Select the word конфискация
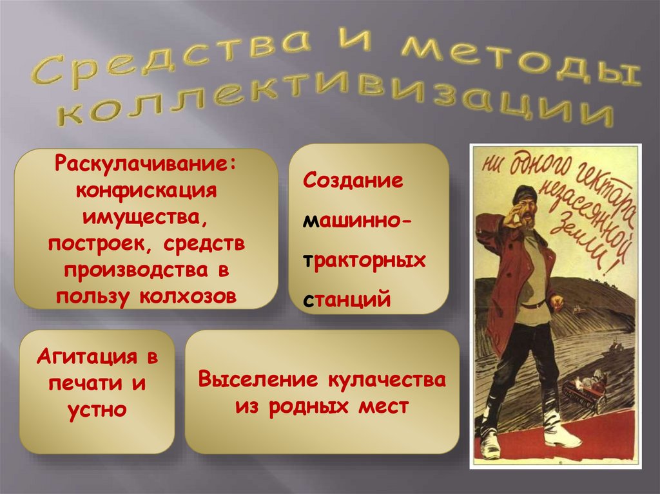point(146,191)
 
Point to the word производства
point(142,269)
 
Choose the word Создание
point(353,180)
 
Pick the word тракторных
point(365,260)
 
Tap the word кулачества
point(387,379)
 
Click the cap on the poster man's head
point(525,192)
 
